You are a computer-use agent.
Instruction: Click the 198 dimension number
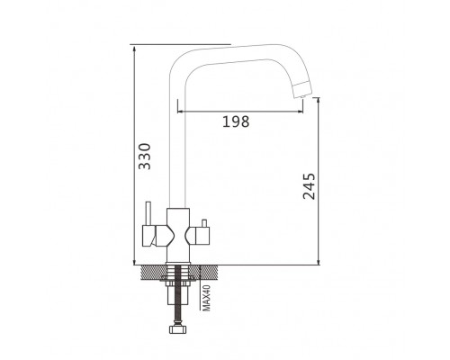[236, 121]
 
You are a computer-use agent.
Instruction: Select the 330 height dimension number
[145, 156]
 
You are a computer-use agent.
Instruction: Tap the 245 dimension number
[309, 186]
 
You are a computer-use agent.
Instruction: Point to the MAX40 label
[207, 298]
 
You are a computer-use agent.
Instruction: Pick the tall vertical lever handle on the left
[148, 213]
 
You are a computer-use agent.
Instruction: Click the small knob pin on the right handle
[204, 223]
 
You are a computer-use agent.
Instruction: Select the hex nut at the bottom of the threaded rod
[178, 329]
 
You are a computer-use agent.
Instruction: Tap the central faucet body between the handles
[178, 235]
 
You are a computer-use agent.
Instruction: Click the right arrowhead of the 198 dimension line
[301, 112]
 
